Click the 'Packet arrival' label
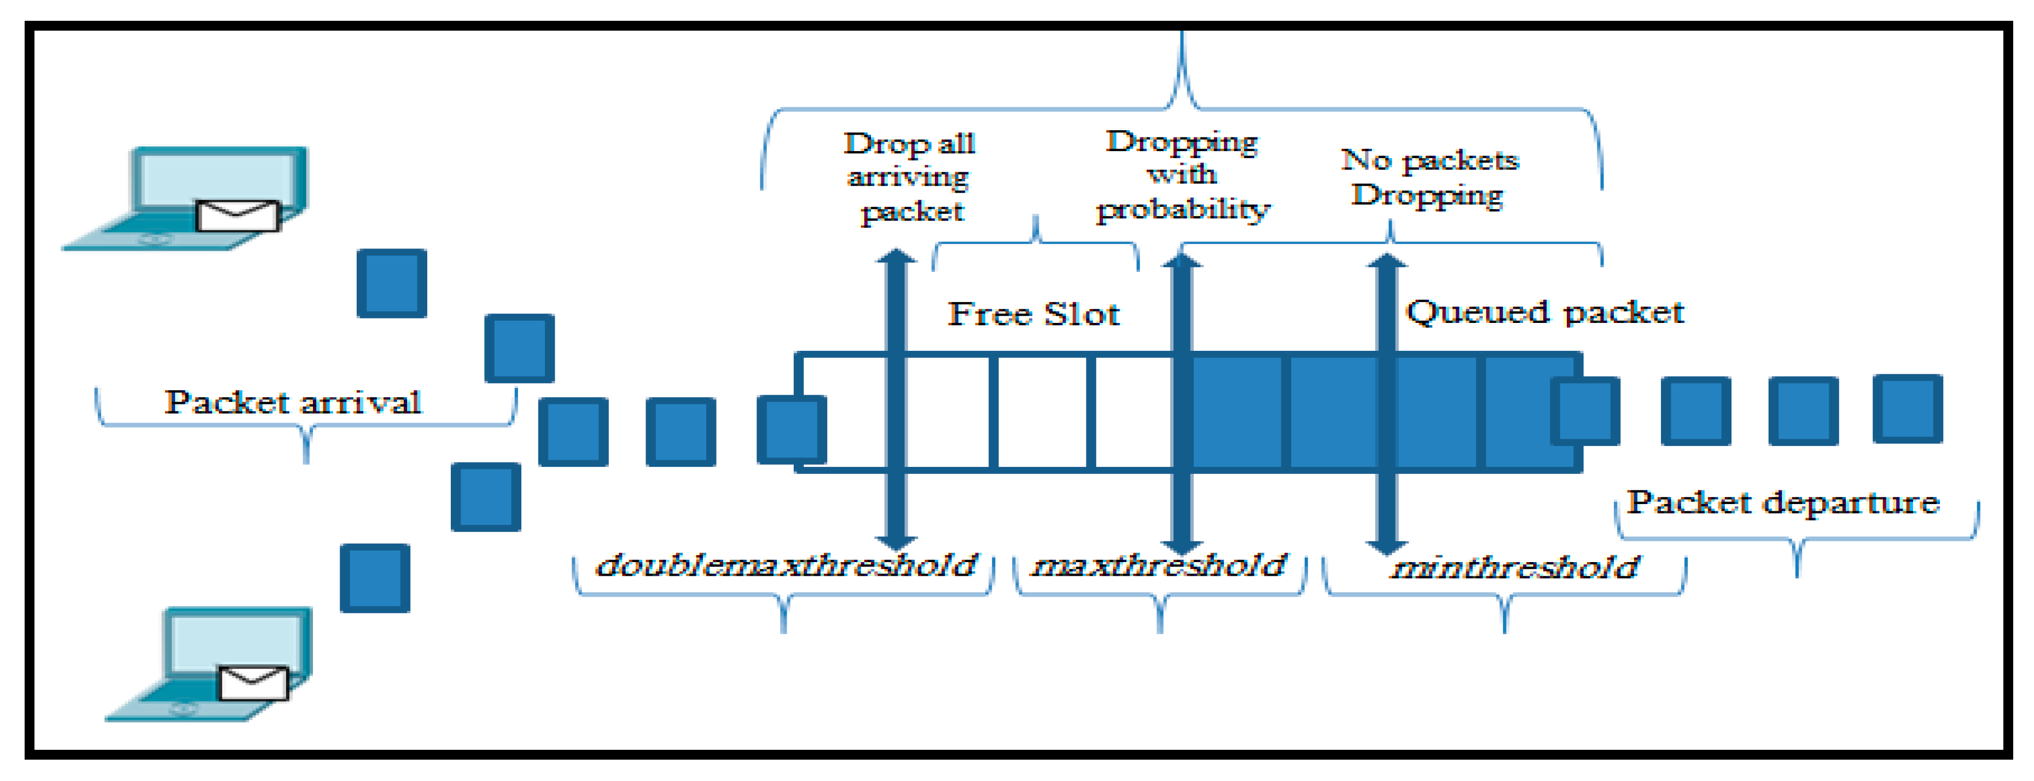[x=292, y=403]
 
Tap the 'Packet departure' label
[x=1783, y=502]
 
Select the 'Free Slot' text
[x=1033, y=314]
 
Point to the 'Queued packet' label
[x=1544, y=312]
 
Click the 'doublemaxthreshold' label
[x=786, y=565]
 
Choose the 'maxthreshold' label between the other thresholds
[x=1159, y=565]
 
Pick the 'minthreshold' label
[x=1514, y=568]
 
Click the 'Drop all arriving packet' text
[x=910, y=177]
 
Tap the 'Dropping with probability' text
[x=1182, y=175]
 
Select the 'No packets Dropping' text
[x=1429, y=177]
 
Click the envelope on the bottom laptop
[x=253, y=682]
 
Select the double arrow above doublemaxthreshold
[x=896, y=399]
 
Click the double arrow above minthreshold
[x=1386, y=403]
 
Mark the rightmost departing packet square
[x=1908, y=409]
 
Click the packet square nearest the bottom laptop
[x=375, y=578]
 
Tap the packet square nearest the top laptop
[x=392, y=284]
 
